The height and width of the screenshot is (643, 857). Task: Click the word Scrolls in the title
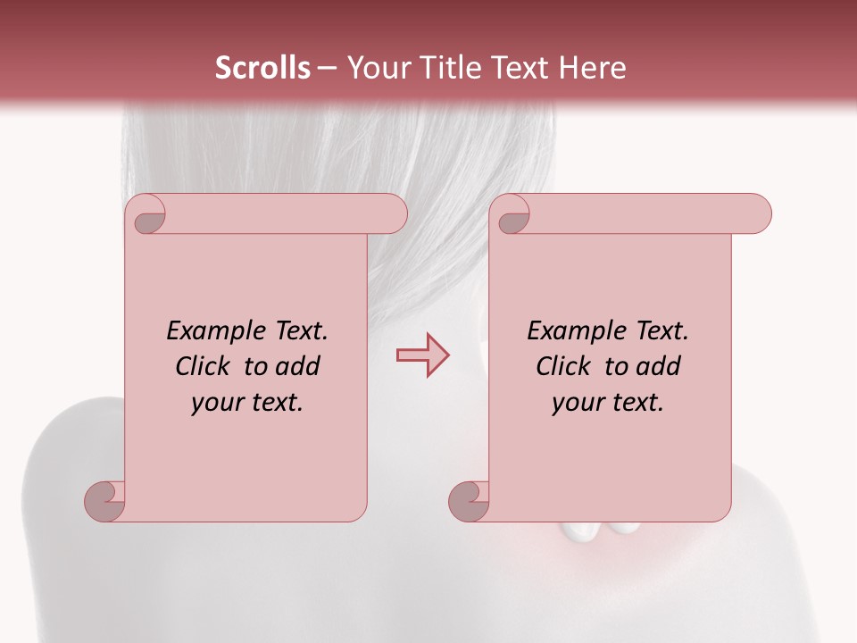click(262, 68)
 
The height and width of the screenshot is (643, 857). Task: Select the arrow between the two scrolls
click(422, 355)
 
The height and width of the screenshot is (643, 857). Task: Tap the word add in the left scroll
click(299, 366)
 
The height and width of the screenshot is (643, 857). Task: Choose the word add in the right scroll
click(660, 366)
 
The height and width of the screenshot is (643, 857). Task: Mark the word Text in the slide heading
click(517, 68)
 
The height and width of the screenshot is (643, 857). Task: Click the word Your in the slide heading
click(374, 68)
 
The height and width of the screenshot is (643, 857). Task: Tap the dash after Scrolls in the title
click(327, 69)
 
